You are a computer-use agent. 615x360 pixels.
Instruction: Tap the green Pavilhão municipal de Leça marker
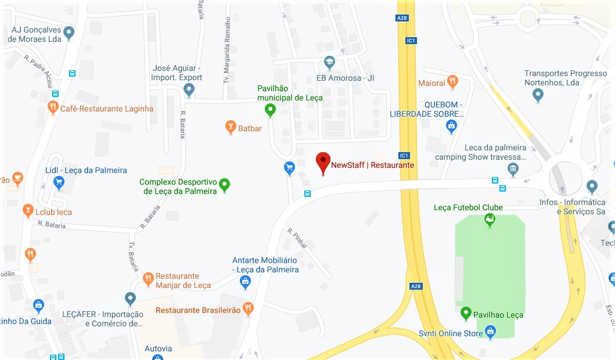[x=270, y=109]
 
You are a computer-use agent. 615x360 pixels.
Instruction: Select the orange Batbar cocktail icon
[x=231, y=127]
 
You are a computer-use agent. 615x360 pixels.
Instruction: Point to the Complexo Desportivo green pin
[x=225, y=185]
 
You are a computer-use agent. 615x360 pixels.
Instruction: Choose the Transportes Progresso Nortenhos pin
[x=538, y=95]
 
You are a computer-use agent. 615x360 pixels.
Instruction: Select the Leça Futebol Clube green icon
[x=490, y=219]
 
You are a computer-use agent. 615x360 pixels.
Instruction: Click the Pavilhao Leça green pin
[x=466, y=314]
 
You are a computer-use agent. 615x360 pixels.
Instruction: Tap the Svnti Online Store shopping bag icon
[x=491, y=332]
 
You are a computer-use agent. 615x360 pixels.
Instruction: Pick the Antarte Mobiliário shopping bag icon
[x=245, y=282]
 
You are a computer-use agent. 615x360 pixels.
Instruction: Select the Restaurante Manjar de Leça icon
[x=148, y=279]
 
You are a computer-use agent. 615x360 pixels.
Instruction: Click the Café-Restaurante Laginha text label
[x=107, y=109]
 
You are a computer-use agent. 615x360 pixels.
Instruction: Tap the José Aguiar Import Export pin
[x=189, y=89]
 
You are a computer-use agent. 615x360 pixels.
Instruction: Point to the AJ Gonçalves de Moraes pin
[x=69, y=33]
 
